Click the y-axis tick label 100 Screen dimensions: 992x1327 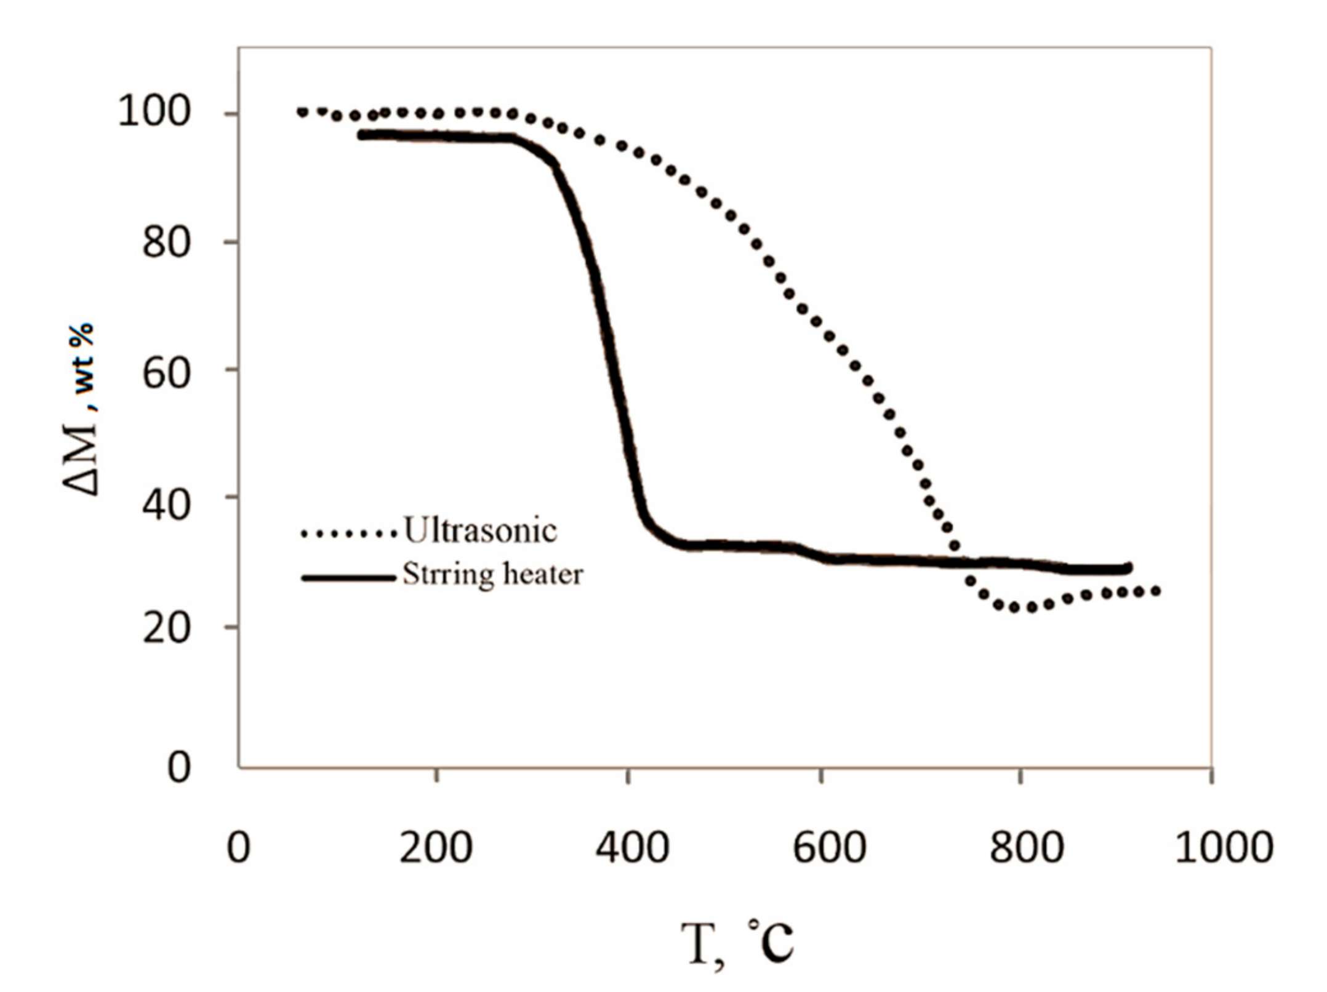point(153,113)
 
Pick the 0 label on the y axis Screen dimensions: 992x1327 point(178,767)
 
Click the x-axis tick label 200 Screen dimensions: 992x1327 point(436,847)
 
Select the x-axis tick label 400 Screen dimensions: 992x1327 point(631,847)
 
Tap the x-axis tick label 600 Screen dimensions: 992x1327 point(828,847)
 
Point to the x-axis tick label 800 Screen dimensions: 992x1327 point(1026,847)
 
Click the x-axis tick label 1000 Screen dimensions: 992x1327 point(1224,847)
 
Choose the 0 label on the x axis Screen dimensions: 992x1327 point(238,847)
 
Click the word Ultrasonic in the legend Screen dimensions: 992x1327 point(480,530)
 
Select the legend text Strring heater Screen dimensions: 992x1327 point(492,575)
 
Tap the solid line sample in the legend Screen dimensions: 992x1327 point(348,577)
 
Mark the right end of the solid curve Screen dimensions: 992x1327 point(1128,568)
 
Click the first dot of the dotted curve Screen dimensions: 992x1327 point(302,112)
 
